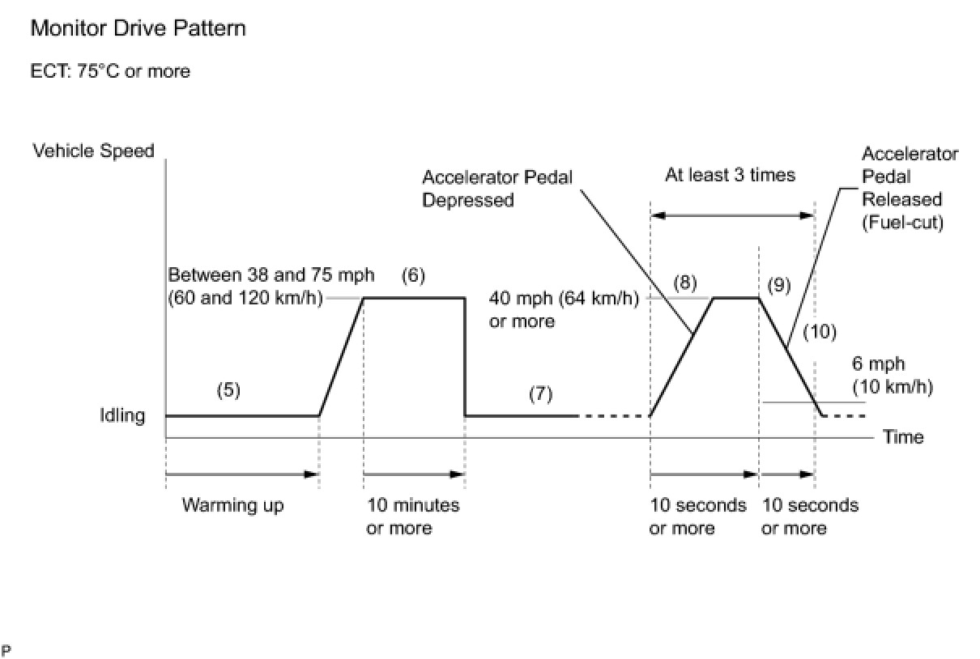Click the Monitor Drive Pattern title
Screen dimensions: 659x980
pos(138,29)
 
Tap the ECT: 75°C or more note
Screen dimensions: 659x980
pos(110,71)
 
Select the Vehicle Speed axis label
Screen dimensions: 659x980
pos(93,151)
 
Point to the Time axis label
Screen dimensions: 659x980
pos(903,437)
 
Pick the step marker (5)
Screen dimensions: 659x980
pos(228,390)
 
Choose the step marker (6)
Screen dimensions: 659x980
pos(413,276)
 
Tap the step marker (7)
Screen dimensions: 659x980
pos(540,394)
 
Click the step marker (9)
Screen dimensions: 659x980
pos(778,285)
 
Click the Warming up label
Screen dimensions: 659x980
pos(233,506)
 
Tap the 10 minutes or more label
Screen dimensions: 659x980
pos(413,517)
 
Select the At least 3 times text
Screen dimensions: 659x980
pos(731,175)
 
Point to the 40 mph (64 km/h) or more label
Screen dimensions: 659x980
pos(563,309)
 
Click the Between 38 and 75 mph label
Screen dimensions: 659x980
pos(271,275)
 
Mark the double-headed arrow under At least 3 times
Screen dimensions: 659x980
pos(732,215)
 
